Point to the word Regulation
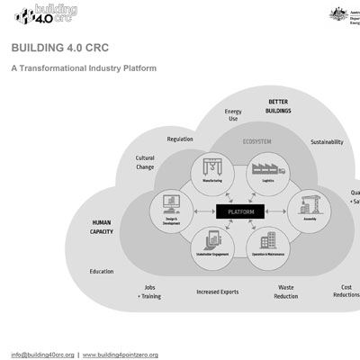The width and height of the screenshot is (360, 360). pyautogui.click(x=180, y=139)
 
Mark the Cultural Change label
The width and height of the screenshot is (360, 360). pyautogui.click(x=145, y=163)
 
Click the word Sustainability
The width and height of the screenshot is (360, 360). pyautogui.click(x=326, y=142)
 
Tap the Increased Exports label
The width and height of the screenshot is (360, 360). pyautogui.click(x=219, y=292)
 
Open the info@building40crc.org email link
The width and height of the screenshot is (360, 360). pyautogui.click(x=42, y=355)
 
